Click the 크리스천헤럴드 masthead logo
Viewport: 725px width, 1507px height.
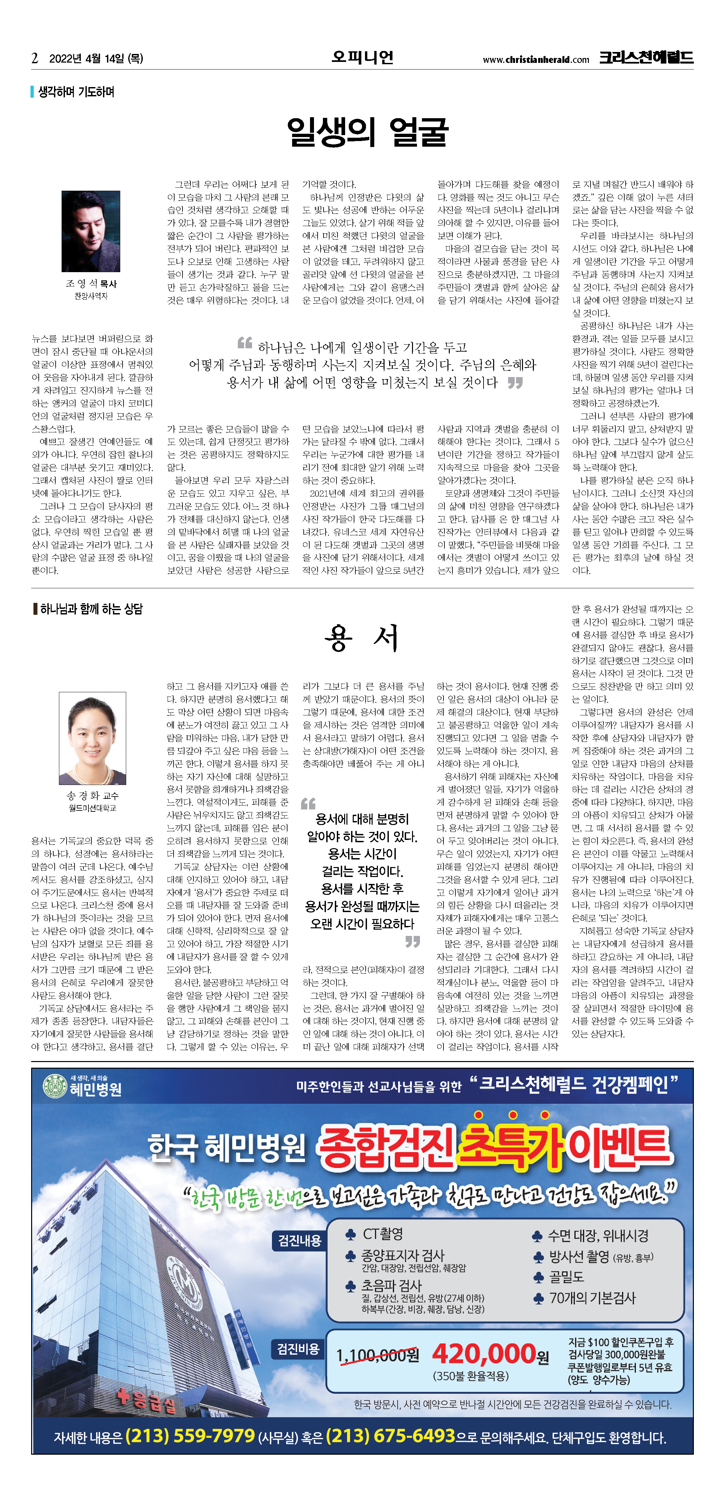point(646,57)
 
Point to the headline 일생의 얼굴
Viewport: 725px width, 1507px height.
point(368,132)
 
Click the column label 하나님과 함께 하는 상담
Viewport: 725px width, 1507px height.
point(91,609)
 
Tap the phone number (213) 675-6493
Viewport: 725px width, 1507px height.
point(390,1435)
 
